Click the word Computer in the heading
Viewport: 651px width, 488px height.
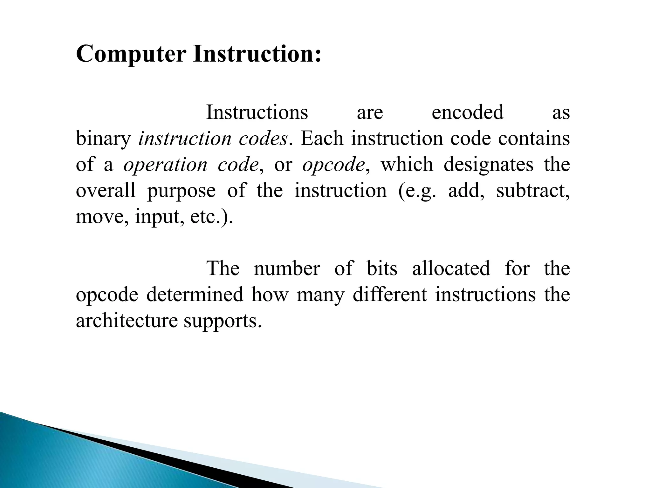coord(131,54)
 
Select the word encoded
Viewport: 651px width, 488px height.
coord(468,112)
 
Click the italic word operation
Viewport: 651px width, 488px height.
coord(165,165)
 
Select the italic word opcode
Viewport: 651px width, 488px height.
coord(333,165)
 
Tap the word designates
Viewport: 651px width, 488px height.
coord(488,165)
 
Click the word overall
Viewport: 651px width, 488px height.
coord(106,191)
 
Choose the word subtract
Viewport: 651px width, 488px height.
coord(533,191)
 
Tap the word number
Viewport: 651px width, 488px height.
coord(287,268)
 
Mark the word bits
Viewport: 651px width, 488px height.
coord(382,268)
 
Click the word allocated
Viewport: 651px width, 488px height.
coord(451,268)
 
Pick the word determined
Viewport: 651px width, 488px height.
coord(195,295)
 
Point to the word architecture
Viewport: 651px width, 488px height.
coord(127,321)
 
